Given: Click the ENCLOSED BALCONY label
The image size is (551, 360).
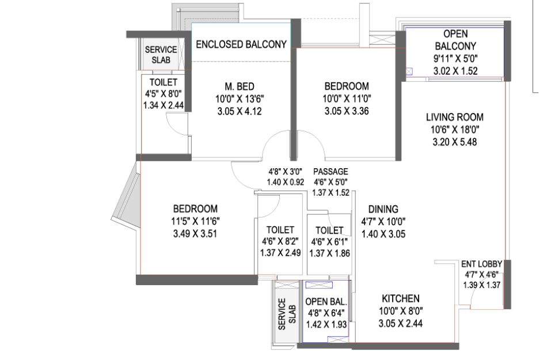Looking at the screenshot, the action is point(241,45).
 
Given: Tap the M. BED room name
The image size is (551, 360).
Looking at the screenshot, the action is point(240,86).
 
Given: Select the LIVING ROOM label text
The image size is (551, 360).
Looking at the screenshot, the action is point(455,117).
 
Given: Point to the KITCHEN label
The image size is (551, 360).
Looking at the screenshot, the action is point(401,299).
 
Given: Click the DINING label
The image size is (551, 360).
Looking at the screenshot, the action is point(383,209).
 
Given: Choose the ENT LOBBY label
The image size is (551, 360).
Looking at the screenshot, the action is point(481,264).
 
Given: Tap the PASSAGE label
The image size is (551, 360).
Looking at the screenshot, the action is point(330,172).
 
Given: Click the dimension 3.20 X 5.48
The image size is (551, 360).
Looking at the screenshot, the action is point(455,142).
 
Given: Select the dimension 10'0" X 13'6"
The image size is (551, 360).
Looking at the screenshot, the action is point(240,99).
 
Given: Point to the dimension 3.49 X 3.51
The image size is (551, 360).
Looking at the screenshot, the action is point(195,234).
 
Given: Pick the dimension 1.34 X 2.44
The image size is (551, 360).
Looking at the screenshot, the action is point(164,105).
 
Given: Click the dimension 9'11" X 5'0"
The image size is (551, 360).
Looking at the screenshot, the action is point(455,58).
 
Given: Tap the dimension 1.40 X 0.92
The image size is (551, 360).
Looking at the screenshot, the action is point(285,183).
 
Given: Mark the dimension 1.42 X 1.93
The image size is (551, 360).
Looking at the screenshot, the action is point(326,324).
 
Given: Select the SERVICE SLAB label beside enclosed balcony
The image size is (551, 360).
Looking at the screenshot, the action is point(161,55).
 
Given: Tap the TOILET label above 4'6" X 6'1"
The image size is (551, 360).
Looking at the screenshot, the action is point(329,230).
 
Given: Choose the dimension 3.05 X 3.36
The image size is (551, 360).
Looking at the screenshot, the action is point(347,111).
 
